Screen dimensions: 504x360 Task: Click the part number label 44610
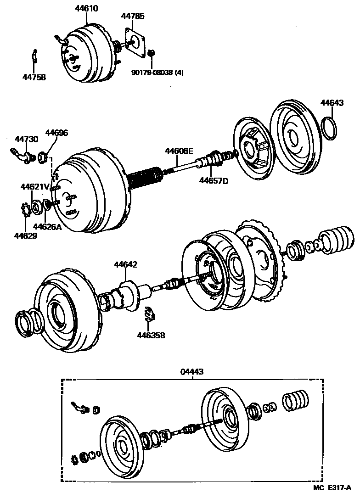pos(86,9)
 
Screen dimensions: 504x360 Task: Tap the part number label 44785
pos(133,16)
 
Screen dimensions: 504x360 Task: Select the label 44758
pos(34,77)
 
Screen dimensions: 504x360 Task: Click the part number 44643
pos(332,103)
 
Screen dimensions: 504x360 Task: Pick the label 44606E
pos(180,151)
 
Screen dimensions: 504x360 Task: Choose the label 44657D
pos(214,180)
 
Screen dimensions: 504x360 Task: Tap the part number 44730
pos(26,139)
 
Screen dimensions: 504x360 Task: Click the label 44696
pos(56,133)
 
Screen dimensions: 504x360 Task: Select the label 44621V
pos(34,187)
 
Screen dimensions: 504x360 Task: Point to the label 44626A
pos(47,227)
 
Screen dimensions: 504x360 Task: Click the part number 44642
pos(126,265)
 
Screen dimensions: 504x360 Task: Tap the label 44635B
pos(150,336)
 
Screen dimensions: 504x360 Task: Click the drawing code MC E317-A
pos(332,487)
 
